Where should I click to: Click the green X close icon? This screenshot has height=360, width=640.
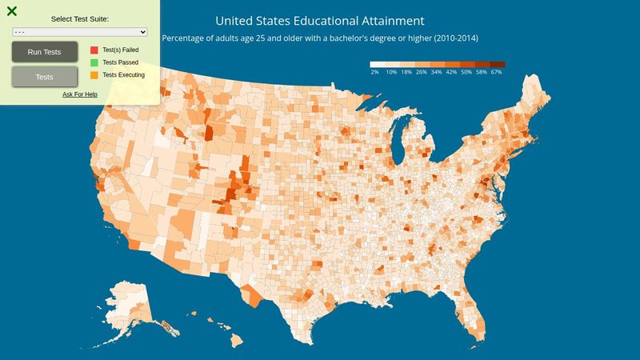click(12, 11)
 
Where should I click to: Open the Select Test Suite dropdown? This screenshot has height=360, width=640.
click(80, 31)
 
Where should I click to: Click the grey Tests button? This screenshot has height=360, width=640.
click(45, 77)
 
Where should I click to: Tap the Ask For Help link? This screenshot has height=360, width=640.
click(80, 94)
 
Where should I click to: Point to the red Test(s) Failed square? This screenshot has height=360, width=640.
click(94, 50)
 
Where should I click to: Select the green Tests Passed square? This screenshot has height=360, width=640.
click(94, 62)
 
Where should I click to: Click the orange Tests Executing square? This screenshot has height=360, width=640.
click(94, 74)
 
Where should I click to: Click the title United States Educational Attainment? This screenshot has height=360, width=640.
click(320, 20)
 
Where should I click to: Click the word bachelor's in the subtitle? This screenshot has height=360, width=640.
click(358, 38)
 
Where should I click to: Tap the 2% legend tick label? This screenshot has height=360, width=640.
click(374, 72)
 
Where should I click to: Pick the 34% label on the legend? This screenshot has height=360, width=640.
click(435, 72)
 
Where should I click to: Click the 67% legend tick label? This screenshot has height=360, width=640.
click(497, 72)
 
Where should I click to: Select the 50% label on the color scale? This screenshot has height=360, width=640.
click(466, 72)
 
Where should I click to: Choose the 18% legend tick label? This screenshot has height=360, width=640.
click(406, 72)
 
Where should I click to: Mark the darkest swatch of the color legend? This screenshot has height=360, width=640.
click(497, 64)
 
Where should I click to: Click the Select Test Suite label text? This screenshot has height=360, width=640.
click(80, 18)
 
